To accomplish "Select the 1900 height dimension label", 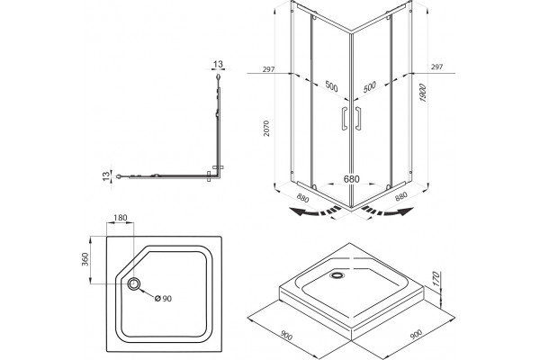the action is pyautogui.click(x=423, y=93).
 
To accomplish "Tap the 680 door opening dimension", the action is pyautogui.click(x=351, y=179).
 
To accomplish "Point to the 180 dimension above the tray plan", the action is pyautogui.click(x=121, y=218).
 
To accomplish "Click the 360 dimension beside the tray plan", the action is pyautogui.click(x=85, y=259).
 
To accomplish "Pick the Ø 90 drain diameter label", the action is pyautogui.click(x=163, y=298).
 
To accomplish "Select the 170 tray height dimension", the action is pyautogui.click(x=436, y=279).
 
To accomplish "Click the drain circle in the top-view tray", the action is pyautogui.click(x=134, y=283).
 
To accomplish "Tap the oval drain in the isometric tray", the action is pyautogui.click(x=337, y=274).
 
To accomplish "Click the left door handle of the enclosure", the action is pyautogui.click(x=345, y=119).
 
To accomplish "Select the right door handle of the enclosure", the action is pyautogui.click(x=358, y=119).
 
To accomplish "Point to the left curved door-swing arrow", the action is pyautogui.click(x=314, y=211).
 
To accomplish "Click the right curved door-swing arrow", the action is pyautogui.click(x=387, y=211).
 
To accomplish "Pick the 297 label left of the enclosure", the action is pyautogui.click(x=268, y=69).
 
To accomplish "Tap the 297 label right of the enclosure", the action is pyautogui.click(x=436, y=67).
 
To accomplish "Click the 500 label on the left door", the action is pyautogui.click(x=331, y=86).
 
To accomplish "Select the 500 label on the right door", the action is pyautogui.click(x=370, y=86).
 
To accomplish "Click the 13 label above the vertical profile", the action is pyautogui.click(x=218, y=64).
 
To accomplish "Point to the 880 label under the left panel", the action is pyautogui.click(x=302, y=198).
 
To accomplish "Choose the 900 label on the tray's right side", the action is pyautogui.click(x=417, y=334).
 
